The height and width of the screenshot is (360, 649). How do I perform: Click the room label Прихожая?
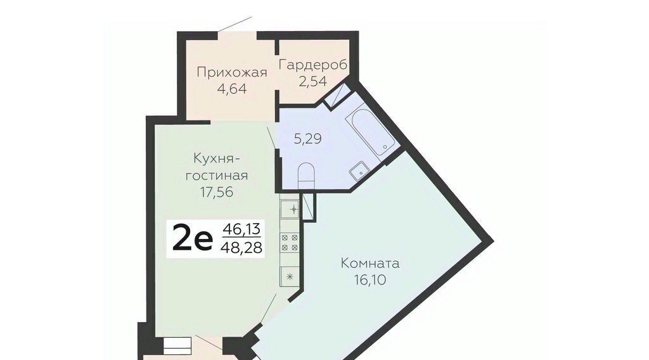tap(232, 72)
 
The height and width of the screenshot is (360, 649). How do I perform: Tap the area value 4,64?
tap(232, 89)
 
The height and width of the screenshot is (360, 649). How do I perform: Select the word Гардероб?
tap(313, 65)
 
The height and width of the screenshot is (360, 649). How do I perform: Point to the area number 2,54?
tap(313, 81)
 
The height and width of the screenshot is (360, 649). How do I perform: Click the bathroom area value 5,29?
tap(307, 138)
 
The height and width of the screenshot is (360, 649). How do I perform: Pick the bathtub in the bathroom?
tap(369, 129)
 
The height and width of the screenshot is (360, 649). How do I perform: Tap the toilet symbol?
tap(306, 176)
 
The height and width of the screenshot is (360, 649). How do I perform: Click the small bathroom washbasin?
tap(359, 170)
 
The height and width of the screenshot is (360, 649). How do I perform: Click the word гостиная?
tap(217, 176)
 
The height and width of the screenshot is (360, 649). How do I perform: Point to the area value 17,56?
tap(217, 192)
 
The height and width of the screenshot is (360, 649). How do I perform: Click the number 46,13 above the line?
tap(241, 228)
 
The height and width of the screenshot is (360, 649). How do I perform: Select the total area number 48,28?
tap(241, 247)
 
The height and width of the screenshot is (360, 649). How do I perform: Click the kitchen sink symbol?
tap(290, 209)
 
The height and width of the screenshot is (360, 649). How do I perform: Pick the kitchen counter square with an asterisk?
tap(290, 276)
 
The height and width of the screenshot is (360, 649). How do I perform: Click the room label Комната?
tap(370, 264)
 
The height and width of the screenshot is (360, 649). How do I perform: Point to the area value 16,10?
tap(370, 280)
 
